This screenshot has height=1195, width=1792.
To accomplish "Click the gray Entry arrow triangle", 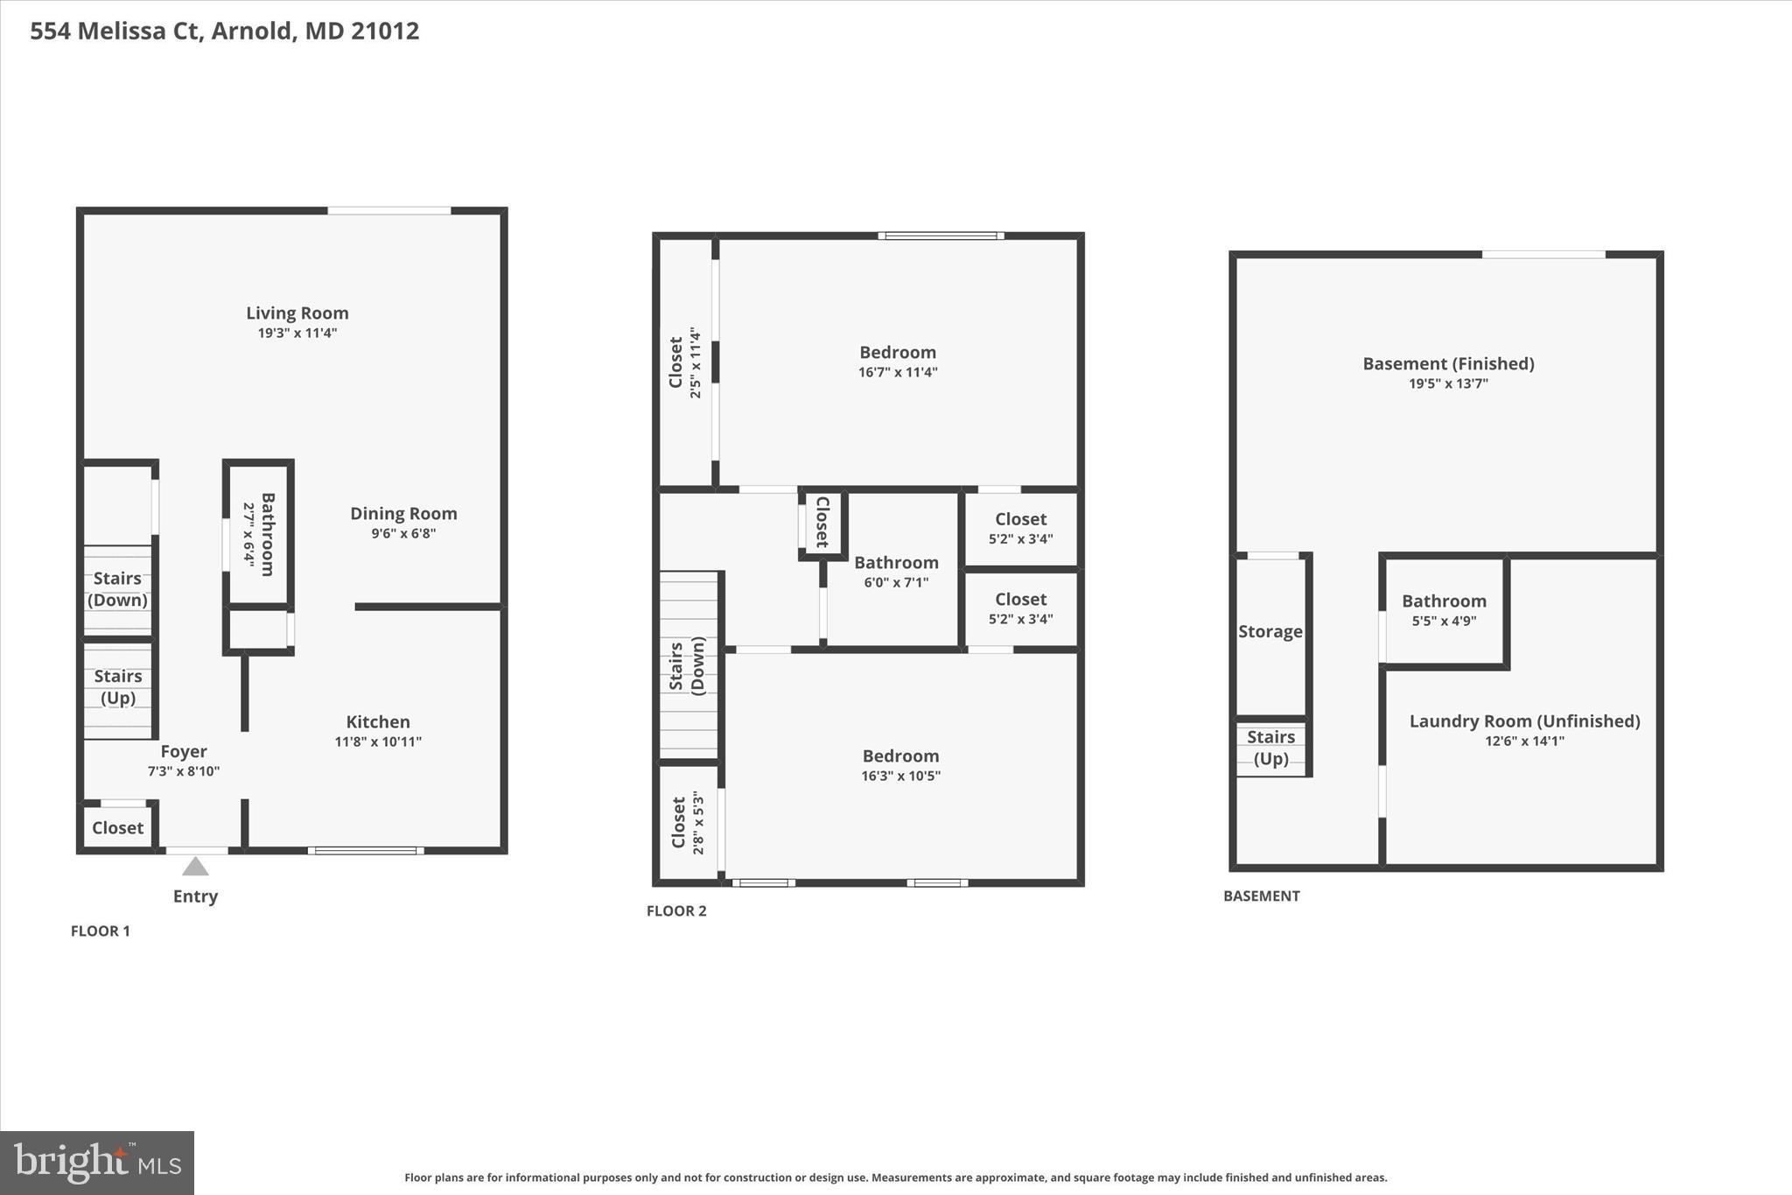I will [195, 867].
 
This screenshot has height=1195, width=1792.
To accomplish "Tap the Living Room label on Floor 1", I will [297, 313].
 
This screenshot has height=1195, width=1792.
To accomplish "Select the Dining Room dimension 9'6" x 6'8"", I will [403, 533].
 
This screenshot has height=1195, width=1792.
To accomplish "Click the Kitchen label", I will [378, 722].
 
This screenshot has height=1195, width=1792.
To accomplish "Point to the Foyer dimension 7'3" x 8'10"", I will [183, 771].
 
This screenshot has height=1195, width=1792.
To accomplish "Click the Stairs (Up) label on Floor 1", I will [118, 687].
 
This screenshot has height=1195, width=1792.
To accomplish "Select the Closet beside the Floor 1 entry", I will [117, 828].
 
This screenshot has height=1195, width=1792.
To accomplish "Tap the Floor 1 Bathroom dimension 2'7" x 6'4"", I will [248, 535].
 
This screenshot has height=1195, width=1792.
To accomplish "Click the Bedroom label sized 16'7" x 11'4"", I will [898, 353].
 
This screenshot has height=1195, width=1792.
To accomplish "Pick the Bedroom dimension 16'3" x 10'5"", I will [900, 776].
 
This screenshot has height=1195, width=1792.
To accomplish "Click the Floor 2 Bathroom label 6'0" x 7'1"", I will [896, 563].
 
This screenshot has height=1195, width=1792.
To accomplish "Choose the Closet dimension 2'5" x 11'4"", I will [696, 363].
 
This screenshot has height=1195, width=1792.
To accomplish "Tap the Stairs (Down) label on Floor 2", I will [687, 665].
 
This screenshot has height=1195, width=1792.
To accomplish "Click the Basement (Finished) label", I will [1448, 364].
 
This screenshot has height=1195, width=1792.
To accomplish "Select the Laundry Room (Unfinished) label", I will [1524, 721].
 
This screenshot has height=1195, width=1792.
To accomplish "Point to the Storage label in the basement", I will [1270, 632].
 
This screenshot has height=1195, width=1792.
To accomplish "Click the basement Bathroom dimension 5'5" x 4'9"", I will [1444, 621].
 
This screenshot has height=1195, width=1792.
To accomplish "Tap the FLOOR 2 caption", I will [676, 910].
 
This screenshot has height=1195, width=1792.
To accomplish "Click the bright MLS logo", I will [97, 1163].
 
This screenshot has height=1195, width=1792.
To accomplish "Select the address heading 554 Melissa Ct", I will [225, 32].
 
